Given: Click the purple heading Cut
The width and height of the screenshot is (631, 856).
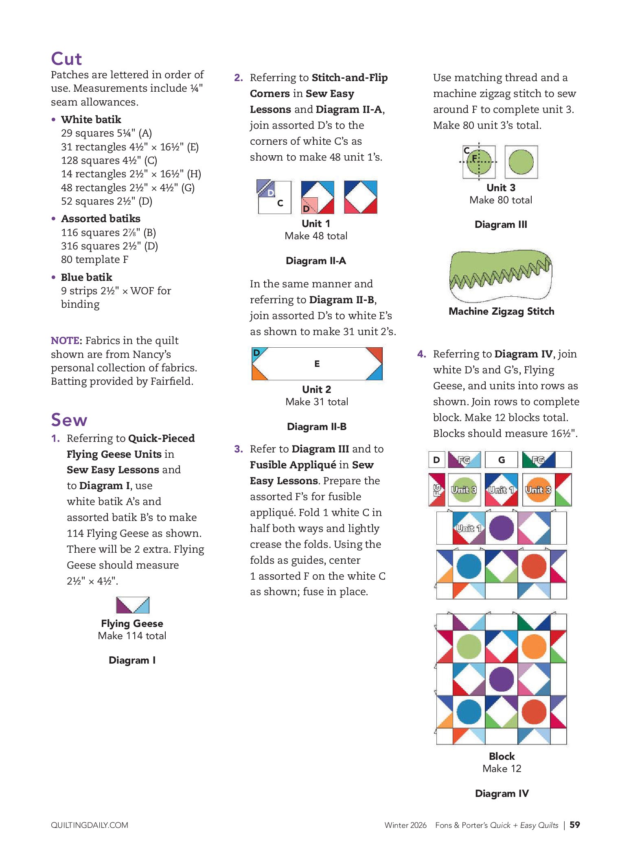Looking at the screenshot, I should (x=66, y=59).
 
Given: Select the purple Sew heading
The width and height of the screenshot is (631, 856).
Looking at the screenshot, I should (x=69, y=420).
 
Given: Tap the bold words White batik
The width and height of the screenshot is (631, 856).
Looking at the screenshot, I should (x=91, y=119).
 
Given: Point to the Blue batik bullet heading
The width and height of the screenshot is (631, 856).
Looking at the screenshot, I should (x=86, y=277).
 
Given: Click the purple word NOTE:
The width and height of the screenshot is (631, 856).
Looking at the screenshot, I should (x=66, y=340).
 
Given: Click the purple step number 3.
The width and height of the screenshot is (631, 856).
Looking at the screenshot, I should (x=239, y=449).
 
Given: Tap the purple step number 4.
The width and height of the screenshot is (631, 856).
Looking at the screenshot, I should (x=422, y=354).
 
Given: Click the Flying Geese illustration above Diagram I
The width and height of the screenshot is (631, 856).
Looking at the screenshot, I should (x=133, y=605).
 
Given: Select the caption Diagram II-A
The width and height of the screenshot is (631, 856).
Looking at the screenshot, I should (x=316, y=261).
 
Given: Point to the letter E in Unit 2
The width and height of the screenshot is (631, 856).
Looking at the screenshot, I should (x=317, y=364).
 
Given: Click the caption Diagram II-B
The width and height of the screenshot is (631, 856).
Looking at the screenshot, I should (x=317, y=427).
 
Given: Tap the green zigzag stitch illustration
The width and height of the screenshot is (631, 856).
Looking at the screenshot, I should (x=500, y=275).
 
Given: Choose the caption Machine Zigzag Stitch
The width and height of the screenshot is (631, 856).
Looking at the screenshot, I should (x=501, y=311).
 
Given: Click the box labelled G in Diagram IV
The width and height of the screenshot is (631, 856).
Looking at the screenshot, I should (x=502, y=460).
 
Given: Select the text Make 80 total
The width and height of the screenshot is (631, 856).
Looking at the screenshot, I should (x=501, y=200).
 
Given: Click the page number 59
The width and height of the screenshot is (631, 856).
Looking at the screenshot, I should (x=574, y=825).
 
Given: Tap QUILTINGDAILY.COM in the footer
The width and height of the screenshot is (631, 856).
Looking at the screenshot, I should (x=90, y=825).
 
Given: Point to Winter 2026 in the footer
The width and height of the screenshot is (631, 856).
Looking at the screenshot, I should (x=405, y=825).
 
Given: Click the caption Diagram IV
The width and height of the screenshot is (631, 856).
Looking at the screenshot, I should (x=502, y=794).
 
